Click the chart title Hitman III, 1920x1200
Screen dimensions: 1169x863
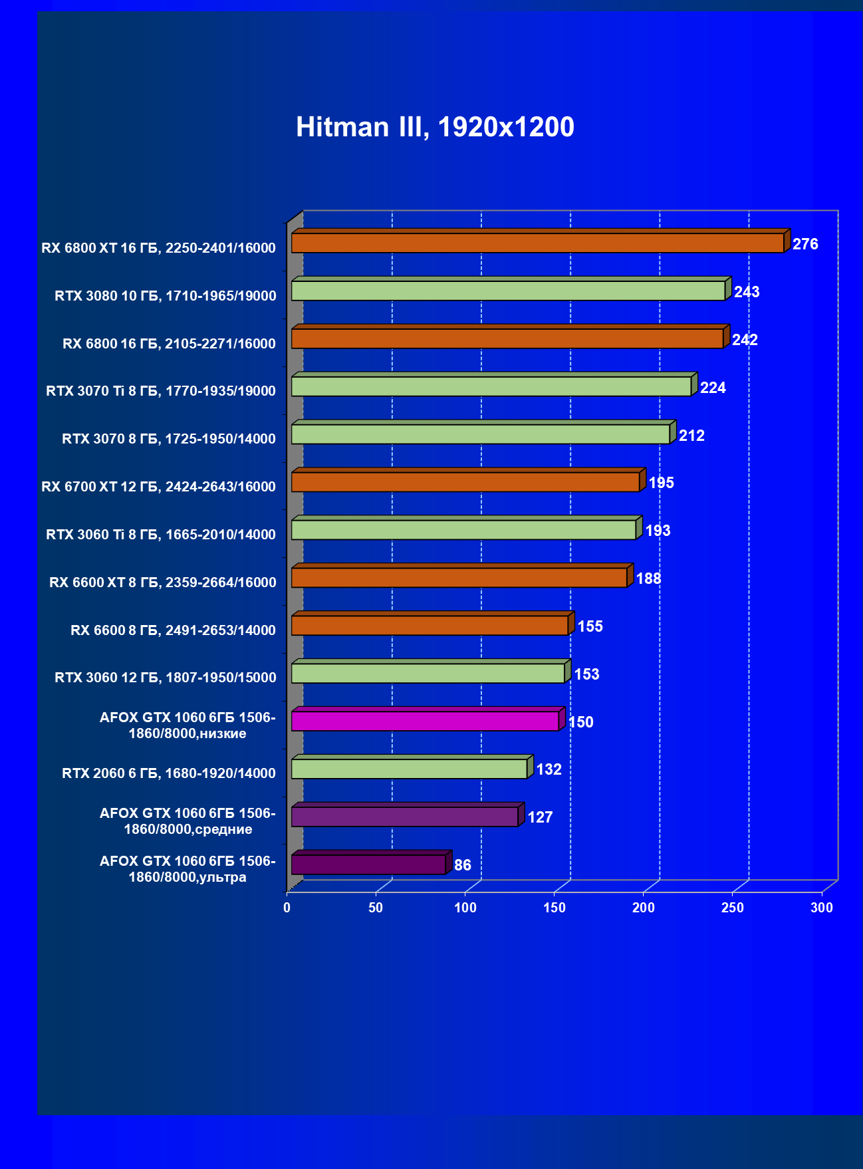[x=435, y=127]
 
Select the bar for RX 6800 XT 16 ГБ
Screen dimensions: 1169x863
[x=537, y=243]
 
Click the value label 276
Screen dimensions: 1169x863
[x=805, y=244]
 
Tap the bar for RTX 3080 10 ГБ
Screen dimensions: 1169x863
[x=508, y=291]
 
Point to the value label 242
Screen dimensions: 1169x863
[x=745, y=340]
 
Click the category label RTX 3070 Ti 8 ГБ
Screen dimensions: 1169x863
[x=161, y=391]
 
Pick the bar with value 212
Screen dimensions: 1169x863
[x=480, y=435]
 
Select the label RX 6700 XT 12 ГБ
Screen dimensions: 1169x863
[x=158, y=487]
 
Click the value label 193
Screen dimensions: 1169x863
[x=658, y=531]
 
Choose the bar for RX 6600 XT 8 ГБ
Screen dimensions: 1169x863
[x=459, y=578]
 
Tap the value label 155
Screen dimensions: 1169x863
[x=590, y=626]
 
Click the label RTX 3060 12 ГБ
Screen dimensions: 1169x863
[x=165, y=678]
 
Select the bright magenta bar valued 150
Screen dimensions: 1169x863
[x=425, y=721]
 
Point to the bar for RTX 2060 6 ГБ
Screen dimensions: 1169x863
[x=409, y=769]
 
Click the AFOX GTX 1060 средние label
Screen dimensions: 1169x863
[x=187, y=821]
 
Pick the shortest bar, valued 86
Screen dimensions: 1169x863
[x=368, y=865]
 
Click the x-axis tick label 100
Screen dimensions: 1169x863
[x=465, y=908]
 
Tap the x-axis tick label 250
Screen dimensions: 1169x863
[x=733, y=908]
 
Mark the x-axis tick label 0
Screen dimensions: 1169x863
[x=287, y=908]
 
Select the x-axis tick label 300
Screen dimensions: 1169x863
[x=822, y=908]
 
